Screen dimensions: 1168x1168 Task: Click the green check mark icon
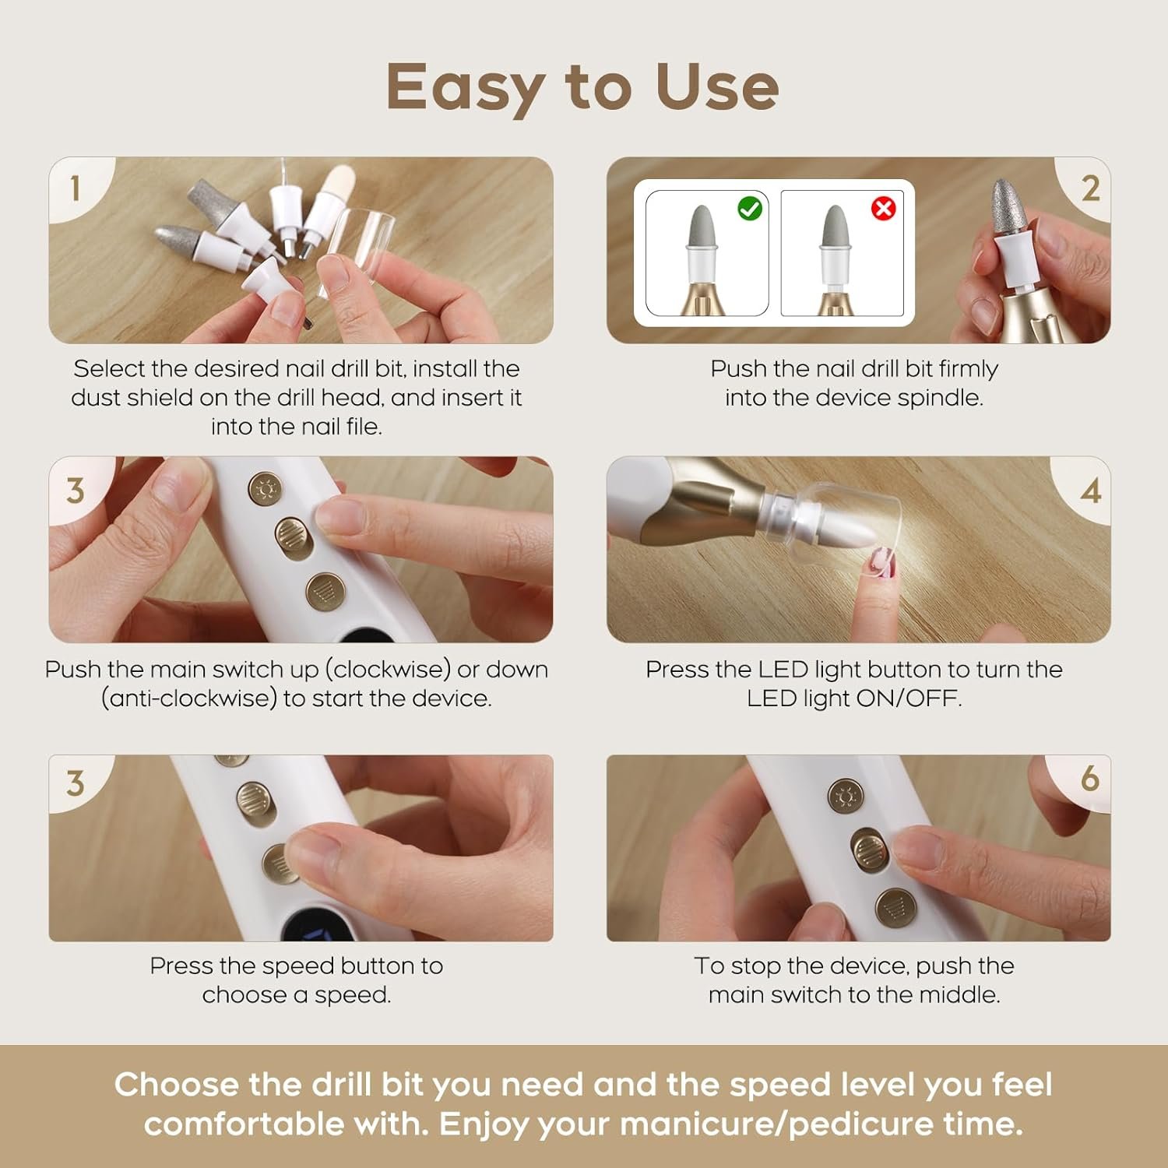point(750,209)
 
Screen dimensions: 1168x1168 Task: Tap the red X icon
point(883,209)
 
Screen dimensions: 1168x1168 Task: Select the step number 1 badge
point(76,188)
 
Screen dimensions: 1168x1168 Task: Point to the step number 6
point(1090,778)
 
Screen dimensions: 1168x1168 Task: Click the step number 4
point(1091,491)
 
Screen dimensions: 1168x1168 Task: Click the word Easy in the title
point(464,88)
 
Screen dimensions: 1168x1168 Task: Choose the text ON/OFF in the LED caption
point(909,698)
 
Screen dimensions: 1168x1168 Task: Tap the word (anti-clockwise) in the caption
point(189,698)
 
